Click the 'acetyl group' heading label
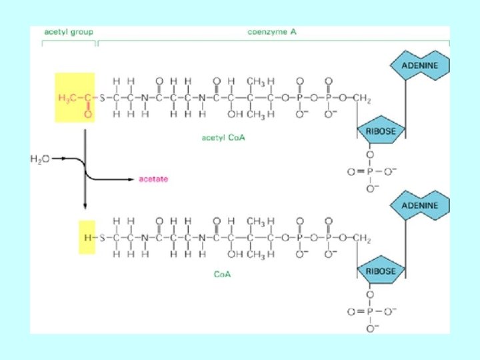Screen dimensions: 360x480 pyautogui.click(x=69, y=31)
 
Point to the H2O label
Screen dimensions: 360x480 pyautogui.click(x=40, y=159)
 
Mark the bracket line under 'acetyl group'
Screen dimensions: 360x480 pyautogui.click(x=69, y=42)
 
